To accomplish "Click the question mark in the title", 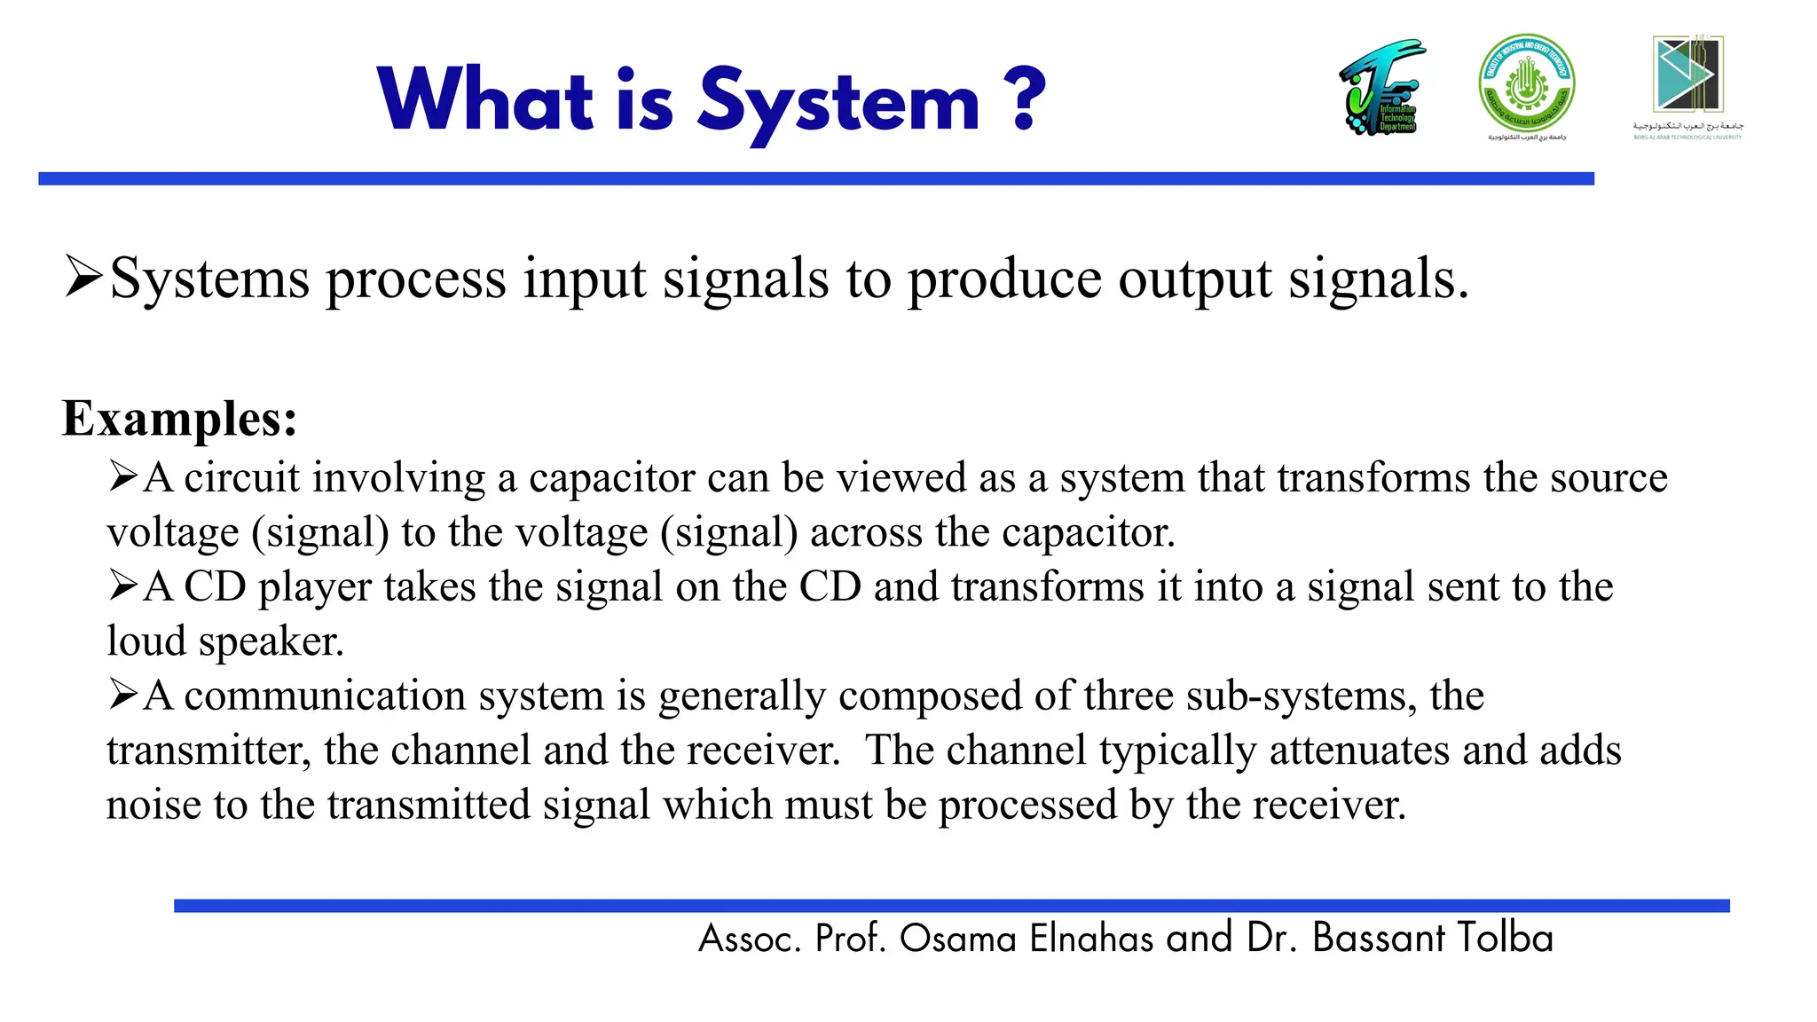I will (1026, 99).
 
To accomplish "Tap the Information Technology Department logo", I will (1382, 88).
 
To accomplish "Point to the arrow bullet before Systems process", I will (84, 278).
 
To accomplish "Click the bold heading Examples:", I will (179, 419).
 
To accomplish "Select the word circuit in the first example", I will (242, 478).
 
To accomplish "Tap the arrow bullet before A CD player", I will (123, 586).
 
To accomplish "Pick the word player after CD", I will (314, 588).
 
